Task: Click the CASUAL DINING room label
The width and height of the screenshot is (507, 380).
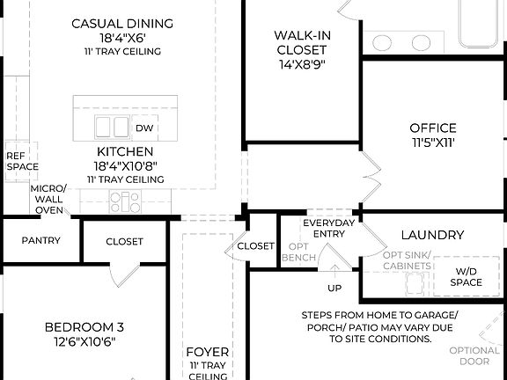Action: click(122, 22)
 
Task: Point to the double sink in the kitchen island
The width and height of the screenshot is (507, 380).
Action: click(112, 127)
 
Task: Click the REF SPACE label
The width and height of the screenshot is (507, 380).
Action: click(22, 160)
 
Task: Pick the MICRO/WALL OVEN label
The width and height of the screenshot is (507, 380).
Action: click(48, 199)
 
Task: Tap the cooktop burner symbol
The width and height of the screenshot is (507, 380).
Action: click(125, 202)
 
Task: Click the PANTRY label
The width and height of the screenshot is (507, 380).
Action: click(40, 240)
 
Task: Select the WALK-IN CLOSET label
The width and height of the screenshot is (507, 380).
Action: click(302, 42)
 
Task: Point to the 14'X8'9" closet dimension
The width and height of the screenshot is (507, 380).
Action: click(302, 64)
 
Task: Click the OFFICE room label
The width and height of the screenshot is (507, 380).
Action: click(433, 128)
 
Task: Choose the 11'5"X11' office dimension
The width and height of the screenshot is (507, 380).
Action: click(433, 142)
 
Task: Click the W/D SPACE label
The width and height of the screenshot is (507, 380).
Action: click(467, 276)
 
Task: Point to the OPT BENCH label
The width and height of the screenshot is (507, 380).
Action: click(298, 252)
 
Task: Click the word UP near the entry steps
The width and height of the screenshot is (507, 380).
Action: click(335, 288)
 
